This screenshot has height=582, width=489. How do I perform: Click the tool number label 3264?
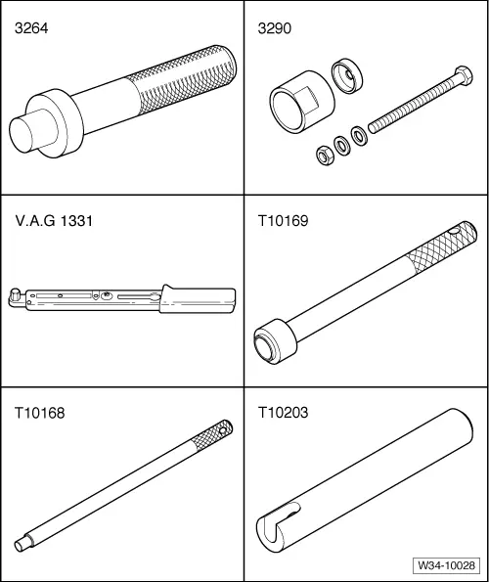coord(31,28)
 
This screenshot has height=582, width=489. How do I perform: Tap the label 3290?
coord(275,28)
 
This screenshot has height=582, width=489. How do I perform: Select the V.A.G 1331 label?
coord(54,221)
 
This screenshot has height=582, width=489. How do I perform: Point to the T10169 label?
coord(283,221)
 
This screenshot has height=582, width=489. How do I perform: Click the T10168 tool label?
coord(40,413)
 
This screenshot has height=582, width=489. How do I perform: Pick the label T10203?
coord(283,413)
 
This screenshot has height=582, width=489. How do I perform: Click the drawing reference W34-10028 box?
coord(446,565)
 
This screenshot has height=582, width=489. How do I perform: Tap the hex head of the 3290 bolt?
coord(463,77)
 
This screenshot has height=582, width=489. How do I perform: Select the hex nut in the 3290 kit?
coord(326,156)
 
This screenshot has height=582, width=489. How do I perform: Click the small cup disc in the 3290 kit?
coord(347,75)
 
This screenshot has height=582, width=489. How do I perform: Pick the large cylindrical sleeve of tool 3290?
coord(300,102)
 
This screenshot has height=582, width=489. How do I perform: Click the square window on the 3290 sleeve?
coord(311,99)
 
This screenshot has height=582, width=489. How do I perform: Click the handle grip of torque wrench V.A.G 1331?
coord(198,299)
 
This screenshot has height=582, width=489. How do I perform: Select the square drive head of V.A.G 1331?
coord(16,293)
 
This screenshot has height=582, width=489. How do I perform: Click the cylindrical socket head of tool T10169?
coord(276,341)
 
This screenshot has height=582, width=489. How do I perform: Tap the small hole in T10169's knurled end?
coord(453,231)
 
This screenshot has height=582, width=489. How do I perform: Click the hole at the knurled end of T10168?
coord(223,430)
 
